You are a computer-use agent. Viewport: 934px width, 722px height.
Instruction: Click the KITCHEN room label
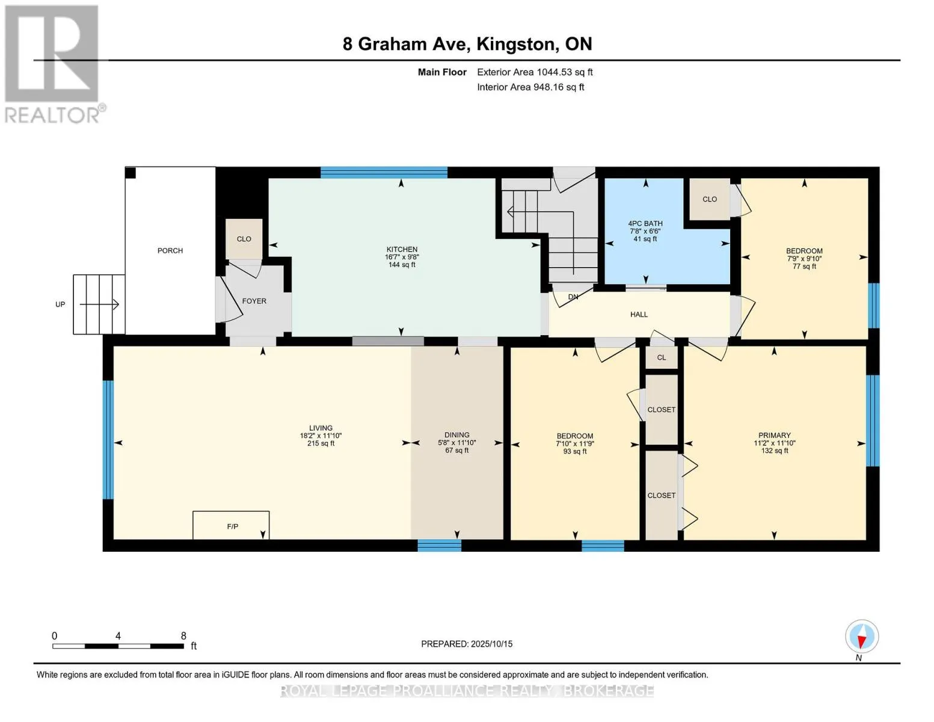[x=402, y=250]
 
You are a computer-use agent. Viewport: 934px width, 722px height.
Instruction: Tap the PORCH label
[x=170, y=251]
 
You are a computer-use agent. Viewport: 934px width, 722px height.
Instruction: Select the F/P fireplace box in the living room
[x=231, y=525]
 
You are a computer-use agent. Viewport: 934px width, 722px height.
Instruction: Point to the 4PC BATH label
[x=645, y=224]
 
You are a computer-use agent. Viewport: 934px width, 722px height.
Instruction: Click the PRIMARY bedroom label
[x=774, y=435]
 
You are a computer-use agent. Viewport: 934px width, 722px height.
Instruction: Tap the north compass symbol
[x=861, y=637]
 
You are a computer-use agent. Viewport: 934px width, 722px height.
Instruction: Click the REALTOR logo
[x=52, y=64]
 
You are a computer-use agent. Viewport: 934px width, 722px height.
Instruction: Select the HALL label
[x=639, y=315]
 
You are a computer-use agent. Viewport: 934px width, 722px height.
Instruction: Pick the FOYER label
[x=254, y=301]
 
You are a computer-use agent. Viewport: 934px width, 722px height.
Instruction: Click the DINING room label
[x=456, y=435]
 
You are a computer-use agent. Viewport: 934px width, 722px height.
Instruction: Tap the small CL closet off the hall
[x=662, y=357]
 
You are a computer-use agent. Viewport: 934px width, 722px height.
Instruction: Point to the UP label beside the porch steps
[x=60, y=304]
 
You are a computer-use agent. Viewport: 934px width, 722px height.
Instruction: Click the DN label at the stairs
[x=573, y=297]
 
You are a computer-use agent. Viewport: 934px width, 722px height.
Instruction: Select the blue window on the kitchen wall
[x=384, y=173]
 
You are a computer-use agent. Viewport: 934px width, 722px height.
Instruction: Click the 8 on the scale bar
[x=183, y=635]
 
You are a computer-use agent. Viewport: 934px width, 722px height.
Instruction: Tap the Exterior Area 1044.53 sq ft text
[x=535, y=72]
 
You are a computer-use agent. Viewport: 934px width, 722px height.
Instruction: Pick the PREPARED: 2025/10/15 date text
[x=467, y=644]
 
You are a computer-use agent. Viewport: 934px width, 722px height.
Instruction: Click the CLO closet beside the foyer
[x=244, y=239]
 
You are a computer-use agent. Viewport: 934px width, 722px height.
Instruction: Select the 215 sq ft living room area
[x=321, y=443]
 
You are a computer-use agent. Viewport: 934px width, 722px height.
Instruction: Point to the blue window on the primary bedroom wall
[x=873, y=421]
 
